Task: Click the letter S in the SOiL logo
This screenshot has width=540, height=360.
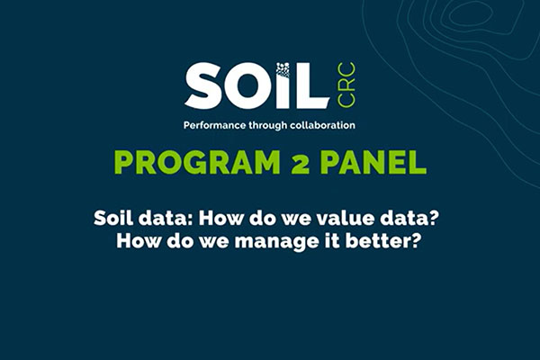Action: point(204,85)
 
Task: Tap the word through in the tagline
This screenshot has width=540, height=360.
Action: point(269,125)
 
